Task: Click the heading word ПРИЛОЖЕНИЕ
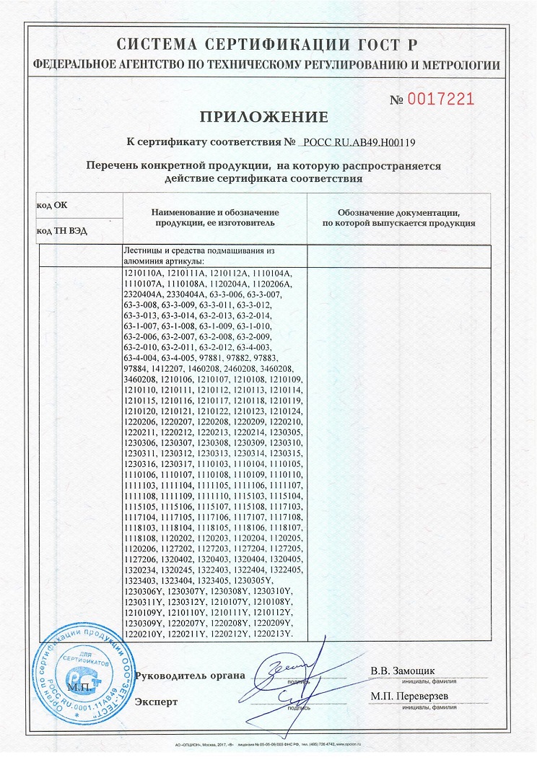coord(263,117)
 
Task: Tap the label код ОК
coord(51,206)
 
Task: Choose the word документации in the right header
coord(424,213)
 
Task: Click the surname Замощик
coord(414,671)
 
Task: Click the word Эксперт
coord(156,701)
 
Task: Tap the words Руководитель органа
coord(190,676)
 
